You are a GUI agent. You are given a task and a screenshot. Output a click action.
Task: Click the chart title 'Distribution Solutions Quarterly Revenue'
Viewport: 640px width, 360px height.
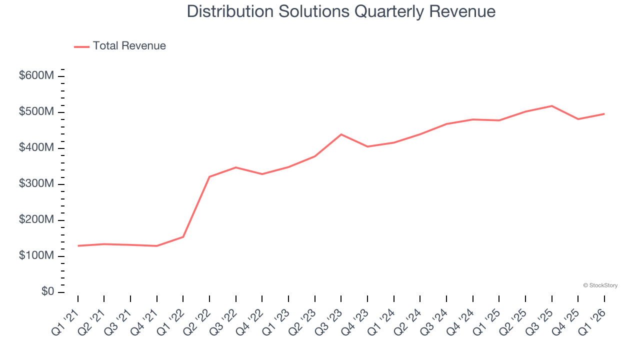tap(341, 11)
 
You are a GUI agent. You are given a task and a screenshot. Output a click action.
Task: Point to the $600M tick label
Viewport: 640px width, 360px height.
tap(36, 75)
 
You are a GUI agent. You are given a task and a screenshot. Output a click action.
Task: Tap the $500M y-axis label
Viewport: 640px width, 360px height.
tap(36, 111)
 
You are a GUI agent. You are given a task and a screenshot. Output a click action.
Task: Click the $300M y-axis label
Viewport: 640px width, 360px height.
tap(36, 183)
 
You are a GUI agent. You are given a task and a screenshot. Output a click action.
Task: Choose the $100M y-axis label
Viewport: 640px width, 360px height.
tap(36, 255)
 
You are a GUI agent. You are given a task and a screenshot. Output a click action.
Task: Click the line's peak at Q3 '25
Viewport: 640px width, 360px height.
tap(551, 106)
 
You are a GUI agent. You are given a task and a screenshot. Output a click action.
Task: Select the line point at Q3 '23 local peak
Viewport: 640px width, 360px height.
tap(341, 134)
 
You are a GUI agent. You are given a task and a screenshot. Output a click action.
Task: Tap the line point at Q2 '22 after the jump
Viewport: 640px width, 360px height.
tap(209, 176)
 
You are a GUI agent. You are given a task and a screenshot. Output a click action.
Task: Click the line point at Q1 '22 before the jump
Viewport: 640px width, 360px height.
tap(183, 236)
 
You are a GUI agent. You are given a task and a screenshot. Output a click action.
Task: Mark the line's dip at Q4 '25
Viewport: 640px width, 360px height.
tap(578, 119)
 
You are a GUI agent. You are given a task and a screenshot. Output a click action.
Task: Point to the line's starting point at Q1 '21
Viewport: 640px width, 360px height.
tap(78, 245)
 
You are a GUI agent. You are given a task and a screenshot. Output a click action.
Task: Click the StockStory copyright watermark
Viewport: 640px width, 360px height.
tap(600, 285)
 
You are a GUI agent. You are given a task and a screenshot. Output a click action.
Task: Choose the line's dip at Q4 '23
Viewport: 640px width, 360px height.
tap(367, 146)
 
